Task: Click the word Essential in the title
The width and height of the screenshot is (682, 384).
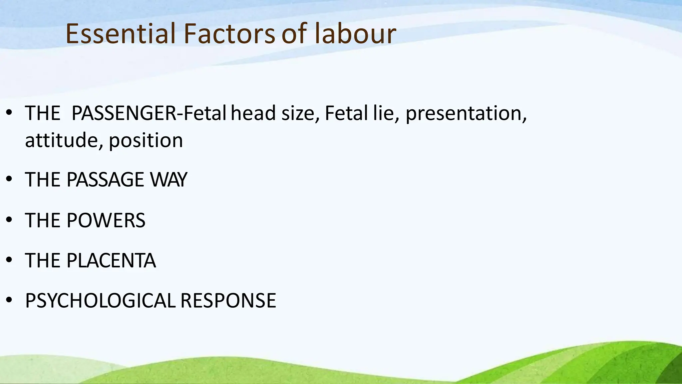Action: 120,34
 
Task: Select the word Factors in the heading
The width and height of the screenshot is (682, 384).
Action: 229,34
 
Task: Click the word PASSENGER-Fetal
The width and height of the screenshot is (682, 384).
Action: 149,113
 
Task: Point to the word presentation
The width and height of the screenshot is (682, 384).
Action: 466,113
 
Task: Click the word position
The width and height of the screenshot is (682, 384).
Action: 146,140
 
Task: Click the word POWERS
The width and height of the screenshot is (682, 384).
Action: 106,220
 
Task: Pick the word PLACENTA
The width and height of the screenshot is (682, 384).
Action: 111,261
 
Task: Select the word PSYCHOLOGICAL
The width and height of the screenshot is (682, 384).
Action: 100,301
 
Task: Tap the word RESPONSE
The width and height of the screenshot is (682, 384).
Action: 228,301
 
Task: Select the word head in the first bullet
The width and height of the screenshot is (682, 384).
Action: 253,113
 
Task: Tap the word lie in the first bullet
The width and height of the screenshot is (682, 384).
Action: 383,113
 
